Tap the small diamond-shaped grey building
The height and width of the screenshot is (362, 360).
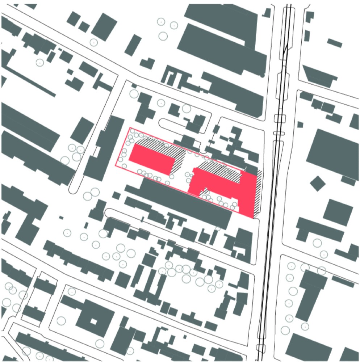318,183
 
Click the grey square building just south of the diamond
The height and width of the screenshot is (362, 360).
338,211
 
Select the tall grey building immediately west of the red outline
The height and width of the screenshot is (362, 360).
103,148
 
